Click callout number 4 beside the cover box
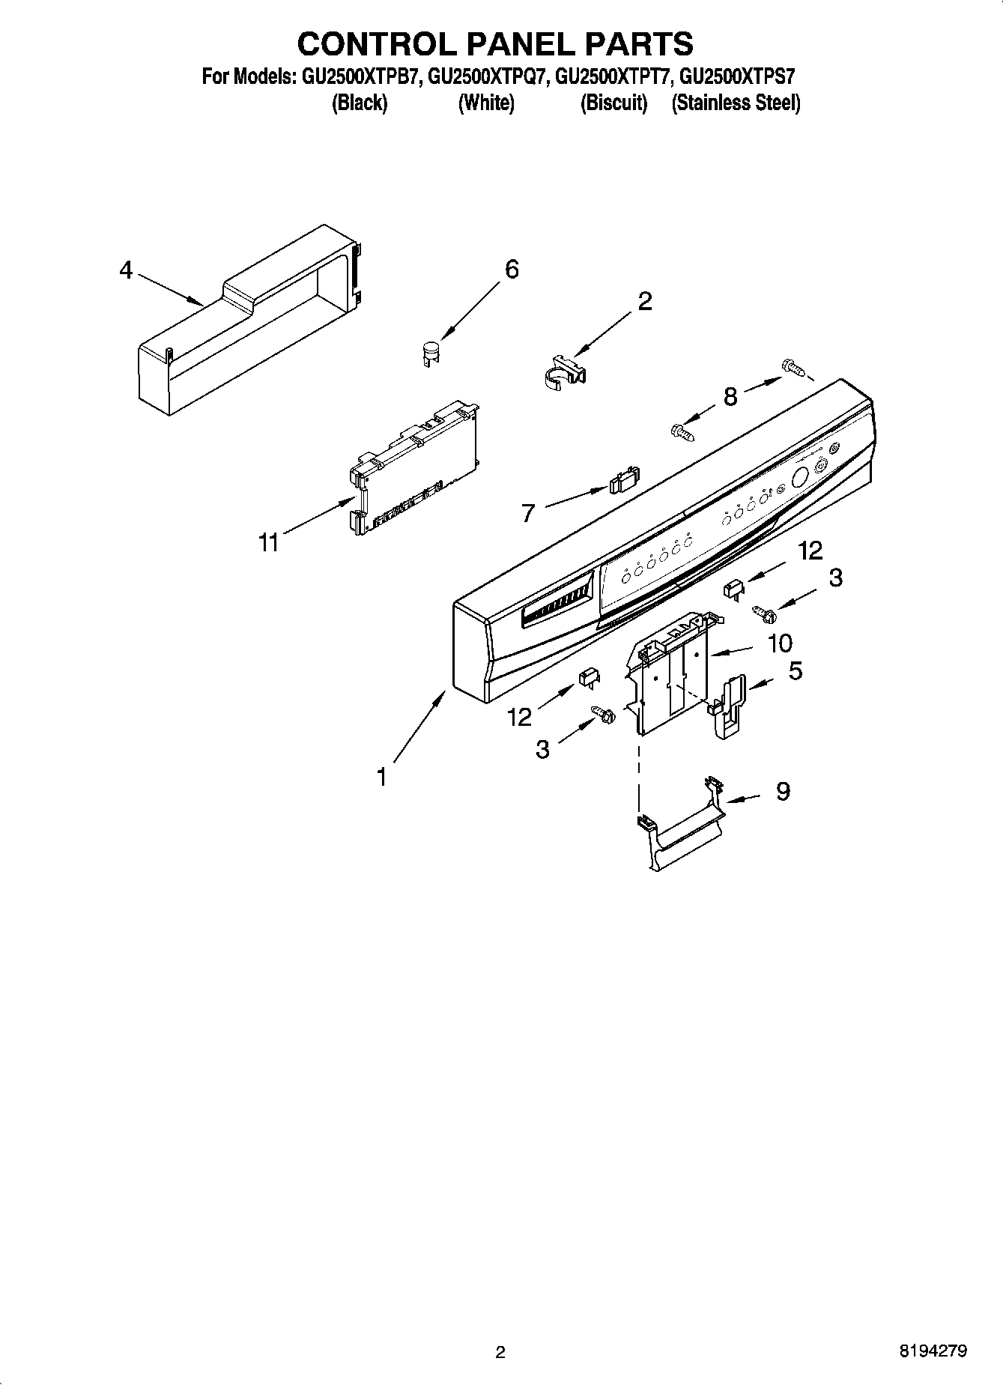[126, 270]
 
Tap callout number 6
[512, 269]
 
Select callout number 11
[268, 542]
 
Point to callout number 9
[783, 791]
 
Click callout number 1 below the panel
[382, 778]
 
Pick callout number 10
[780, 643]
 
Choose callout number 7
[529, 513]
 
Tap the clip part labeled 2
[563, 372]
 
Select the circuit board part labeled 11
[413, 470]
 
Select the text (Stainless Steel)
[736, 103]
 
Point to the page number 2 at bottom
[500, 1352]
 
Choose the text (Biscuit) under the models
[613, 103]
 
